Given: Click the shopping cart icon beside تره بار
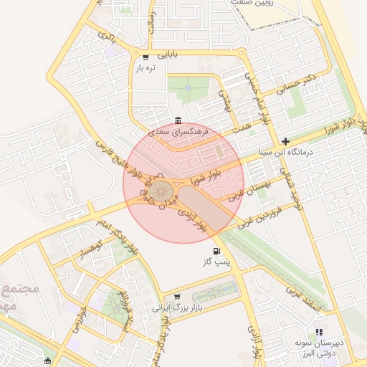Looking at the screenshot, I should tap(146, 57).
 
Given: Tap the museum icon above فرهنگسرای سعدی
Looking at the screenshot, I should tap(178, 120).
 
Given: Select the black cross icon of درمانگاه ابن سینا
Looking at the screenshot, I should tap(286, 140).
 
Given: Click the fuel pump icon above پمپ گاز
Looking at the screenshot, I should tap(216, 251).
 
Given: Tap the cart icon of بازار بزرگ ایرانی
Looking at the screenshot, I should tap(177, 296).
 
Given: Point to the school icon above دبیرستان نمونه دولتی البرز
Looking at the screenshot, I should tap(319, 332).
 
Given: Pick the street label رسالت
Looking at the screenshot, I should tap(150, 24).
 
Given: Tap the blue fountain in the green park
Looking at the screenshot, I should tap(188, 87).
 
